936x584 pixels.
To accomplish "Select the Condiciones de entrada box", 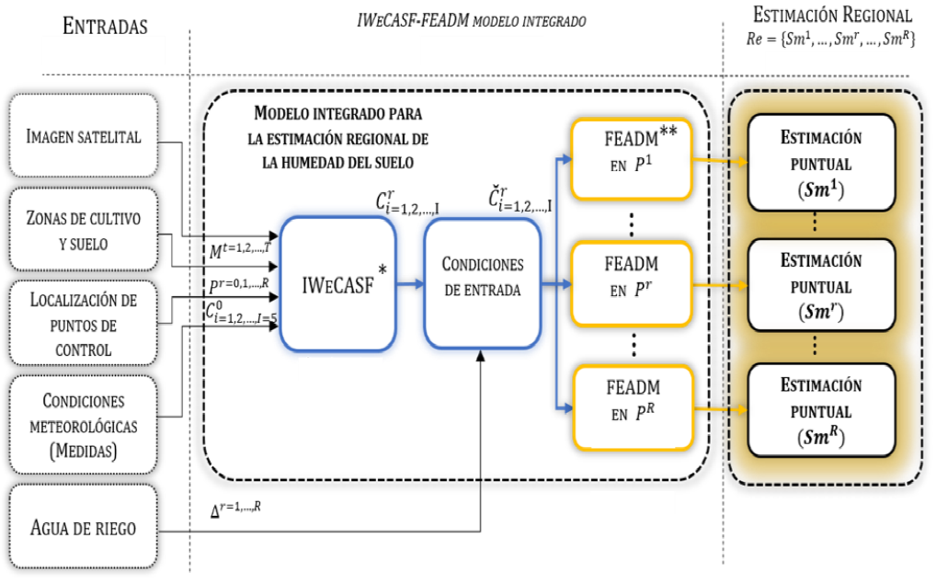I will (481, 281).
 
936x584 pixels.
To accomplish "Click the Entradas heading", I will (106, 26).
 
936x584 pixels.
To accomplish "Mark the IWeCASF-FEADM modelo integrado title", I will (470, 19).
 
